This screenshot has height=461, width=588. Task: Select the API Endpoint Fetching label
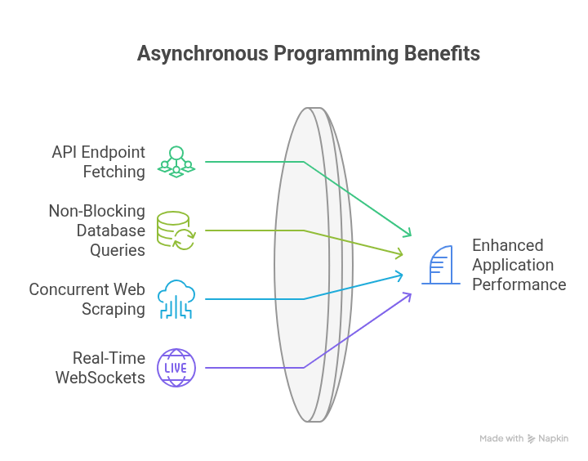98,162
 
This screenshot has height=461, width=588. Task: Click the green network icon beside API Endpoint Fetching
176,161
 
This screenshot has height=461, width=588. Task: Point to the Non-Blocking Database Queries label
96,230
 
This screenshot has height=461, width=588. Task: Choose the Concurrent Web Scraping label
87,299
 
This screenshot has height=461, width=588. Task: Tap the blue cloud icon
176,298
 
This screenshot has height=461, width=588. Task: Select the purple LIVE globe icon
176,368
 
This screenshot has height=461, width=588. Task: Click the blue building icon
440,265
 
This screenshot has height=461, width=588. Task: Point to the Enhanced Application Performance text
519,265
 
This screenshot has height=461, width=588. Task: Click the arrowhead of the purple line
407,295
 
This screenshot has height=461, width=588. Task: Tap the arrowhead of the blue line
399,275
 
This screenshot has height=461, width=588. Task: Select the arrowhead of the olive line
399,254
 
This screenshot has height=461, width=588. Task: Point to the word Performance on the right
519,284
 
